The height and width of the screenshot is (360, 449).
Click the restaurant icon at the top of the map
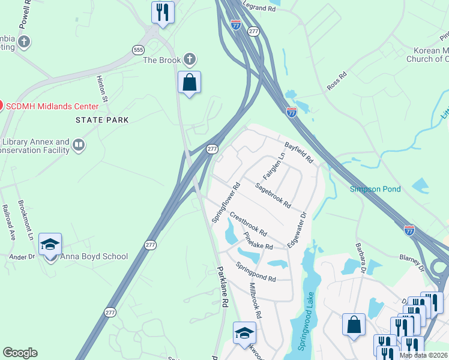163,12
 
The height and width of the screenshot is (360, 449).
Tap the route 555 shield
139,50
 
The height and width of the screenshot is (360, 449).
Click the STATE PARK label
102,120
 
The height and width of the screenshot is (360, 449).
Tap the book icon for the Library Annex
79,145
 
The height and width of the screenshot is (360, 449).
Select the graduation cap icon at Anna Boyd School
50,245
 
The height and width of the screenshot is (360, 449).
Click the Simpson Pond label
375,189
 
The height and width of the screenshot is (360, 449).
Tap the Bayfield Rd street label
299,153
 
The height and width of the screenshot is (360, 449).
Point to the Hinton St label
102,88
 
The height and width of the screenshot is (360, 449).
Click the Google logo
20,353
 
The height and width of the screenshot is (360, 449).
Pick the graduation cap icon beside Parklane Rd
244,334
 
